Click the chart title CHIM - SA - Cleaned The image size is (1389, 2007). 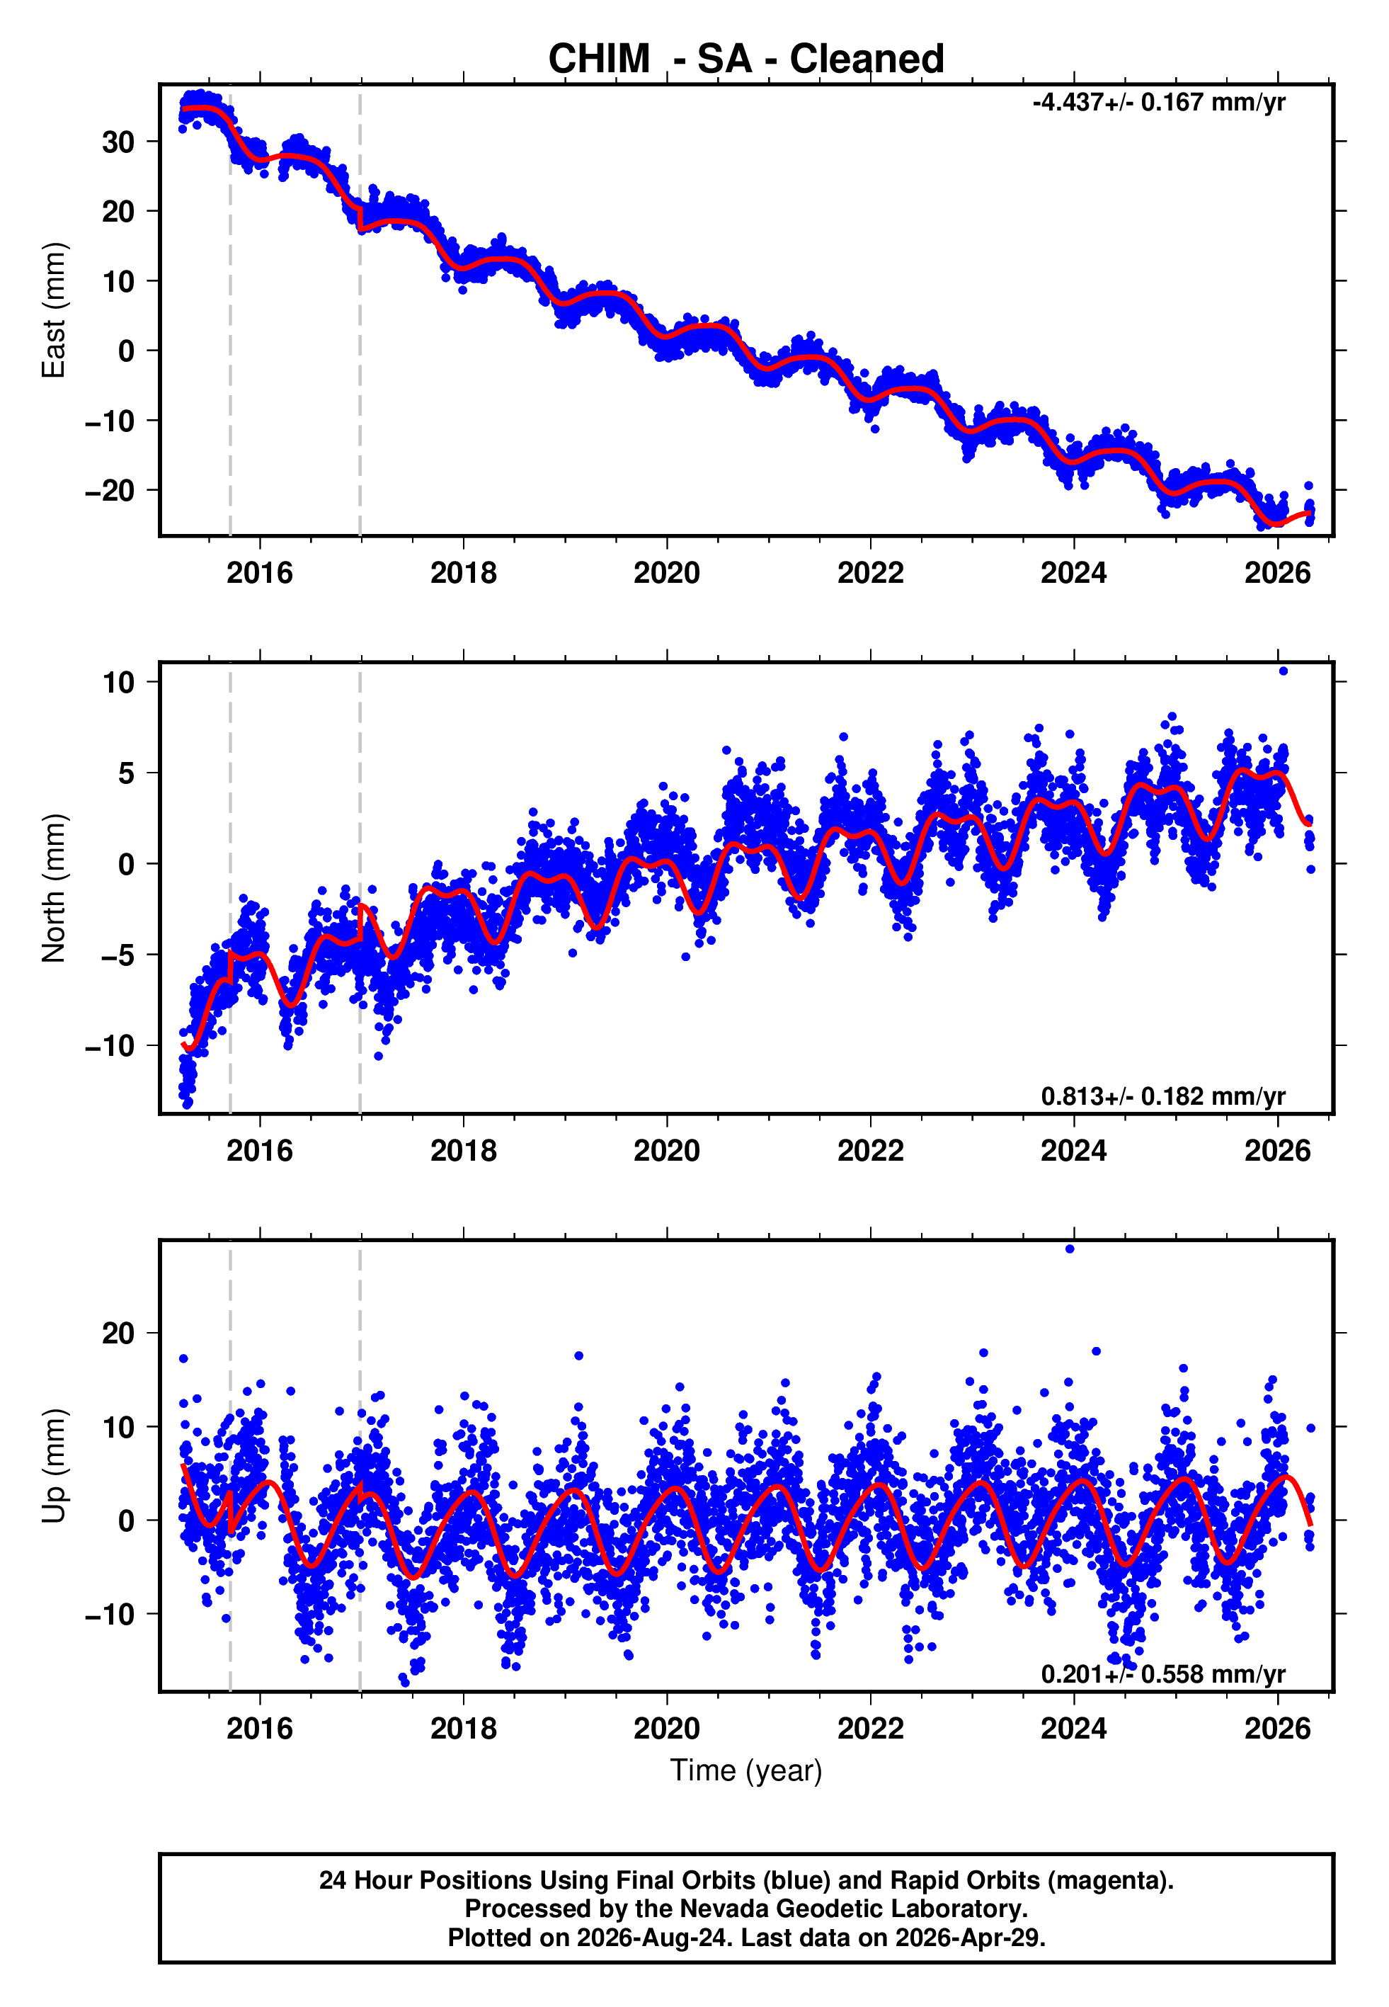tap(746, 59)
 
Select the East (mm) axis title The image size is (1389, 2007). tap(54, 310)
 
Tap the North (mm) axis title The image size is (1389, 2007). tap(54, 888)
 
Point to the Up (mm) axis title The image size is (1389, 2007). tap(54, 1466)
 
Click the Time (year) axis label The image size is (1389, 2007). tap(746, 1770)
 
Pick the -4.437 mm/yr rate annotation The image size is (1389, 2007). tap(1158, 103)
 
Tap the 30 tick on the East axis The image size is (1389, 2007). tap(118, 142)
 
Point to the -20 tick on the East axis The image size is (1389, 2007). tap(110, 491)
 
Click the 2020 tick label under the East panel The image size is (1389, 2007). tap(667, 573)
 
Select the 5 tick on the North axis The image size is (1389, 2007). tap(127, 773)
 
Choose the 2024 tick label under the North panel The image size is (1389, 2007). tap(1074, 1151)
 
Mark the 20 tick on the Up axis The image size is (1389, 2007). tap(118, 1333)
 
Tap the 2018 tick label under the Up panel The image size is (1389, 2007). tap(463, 1729)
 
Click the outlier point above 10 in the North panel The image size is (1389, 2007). tap(1284, 671)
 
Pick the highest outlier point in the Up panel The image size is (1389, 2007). tap(1070, 1249)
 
